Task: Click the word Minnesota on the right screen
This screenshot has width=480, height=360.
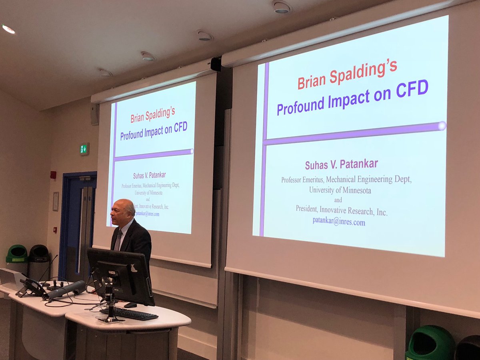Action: (356, 190)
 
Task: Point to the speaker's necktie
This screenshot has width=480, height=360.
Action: (118, 240)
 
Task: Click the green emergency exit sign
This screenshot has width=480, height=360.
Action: (84, 149)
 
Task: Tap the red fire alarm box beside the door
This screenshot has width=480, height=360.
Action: (53, 175)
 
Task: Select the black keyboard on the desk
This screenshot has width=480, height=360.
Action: (129, 314)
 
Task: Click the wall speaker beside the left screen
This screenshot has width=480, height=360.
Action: (95, 114)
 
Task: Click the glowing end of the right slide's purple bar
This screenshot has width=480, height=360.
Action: (442, 126)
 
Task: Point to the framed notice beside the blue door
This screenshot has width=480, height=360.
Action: (56, 201)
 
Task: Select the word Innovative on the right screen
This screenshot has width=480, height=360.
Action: (333, 210)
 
